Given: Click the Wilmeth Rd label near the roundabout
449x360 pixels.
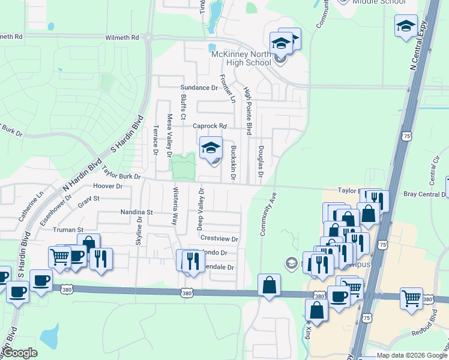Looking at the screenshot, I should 122,37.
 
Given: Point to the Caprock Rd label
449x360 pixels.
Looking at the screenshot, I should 209,126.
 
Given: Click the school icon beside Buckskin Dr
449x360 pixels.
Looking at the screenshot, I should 211,149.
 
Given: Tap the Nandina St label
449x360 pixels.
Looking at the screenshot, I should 137,212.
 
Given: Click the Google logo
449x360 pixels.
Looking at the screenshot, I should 20,353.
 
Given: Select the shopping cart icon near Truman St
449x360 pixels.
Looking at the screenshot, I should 60,257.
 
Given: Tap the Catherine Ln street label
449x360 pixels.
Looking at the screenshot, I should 31,206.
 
